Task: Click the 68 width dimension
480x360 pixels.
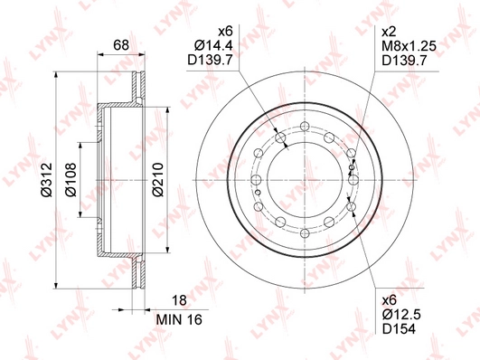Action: [x=121, y=45]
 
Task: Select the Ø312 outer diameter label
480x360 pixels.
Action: [x=46, y=180]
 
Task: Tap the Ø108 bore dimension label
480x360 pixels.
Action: [x=71, y=180]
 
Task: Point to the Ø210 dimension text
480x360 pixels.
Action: [x=158, y=180]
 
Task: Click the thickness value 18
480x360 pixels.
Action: [x=179, y=300]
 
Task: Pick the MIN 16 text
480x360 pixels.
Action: [x=179, y=320]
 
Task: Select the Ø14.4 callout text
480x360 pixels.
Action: [x=213, y=45]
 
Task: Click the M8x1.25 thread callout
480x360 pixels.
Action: [x=409, y=45]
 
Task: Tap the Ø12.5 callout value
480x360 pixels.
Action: [x=401, y=315]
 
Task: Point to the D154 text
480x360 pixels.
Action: [x=399, y=329]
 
